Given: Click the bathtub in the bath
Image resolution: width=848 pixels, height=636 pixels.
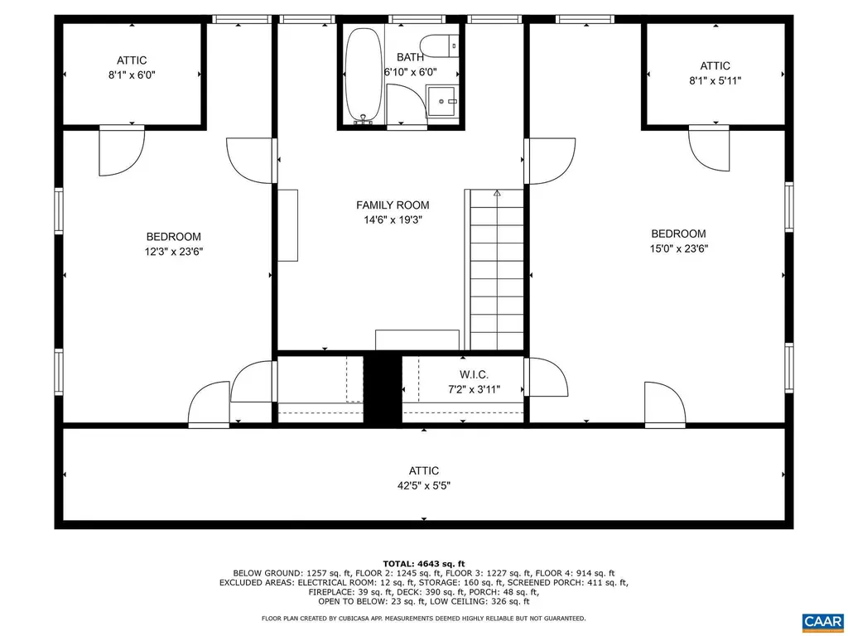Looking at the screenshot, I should click(x=363, y=75).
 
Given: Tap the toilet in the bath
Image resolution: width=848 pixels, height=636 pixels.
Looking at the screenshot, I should click(x=436, y=46).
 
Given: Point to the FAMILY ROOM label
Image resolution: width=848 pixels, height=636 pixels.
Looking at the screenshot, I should click(x=393, y=205).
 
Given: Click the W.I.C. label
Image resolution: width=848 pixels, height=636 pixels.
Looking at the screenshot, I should click(x=474, y=374).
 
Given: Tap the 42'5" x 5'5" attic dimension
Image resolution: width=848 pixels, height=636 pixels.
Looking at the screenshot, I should click(x=423, y=487).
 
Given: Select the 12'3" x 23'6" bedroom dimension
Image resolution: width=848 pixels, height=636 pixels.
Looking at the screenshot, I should click(x=174, y=252).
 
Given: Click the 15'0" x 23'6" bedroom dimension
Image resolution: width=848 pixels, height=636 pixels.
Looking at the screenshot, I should click(x=678, y=248).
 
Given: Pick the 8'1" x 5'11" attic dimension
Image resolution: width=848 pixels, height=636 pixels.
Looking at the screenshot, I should click(x=715, y=81).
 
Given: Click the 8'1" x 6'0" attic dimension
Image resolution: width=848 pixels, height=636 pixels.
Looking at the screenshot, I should click(x=132, y=75).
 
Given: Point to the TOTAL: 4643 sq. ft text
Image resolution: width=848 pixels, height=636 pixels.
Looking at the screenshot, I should click(x=423, y=563).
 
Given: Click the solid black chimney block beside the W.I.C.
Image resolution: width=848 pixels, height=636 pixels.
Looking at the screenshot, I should click(x=383, y=389).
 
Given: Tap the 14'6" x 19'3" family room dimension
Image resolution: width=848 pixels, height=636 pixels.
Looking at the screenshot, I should click(x=393, y=220).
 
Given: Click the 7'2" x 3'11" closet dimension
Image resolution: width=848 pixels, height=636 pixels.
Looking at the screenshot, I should click(x=474, y=388).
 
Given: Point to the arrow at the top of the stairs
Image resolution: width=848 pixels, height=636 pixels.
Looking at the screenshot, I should click(x=497, y=195).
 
